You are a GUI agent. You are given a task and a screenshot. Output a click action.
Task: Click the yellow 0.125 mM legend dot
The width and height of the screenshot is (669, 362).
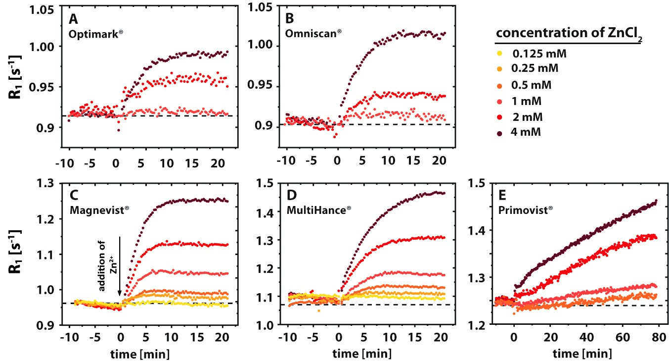(x=499, y=53)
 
